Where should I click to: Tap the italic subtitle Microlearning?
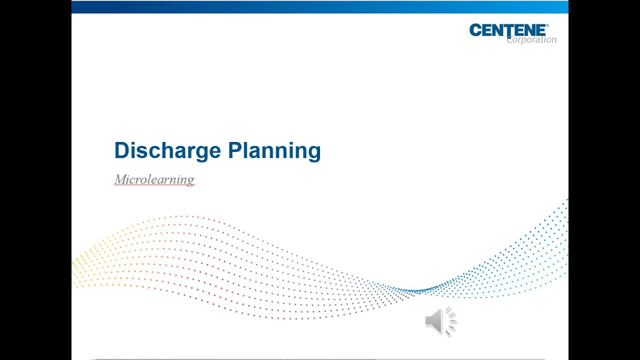pyautogui.click(x=154, y=179)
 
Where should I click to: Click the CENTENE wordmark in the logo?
pyautogui.click(x=507, y=30)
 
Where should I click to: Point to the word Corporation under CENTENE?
pyautogui.click(x=531, y=40)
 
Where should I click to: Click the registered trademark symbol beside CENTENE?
pyautogui.click(x=547, y=25)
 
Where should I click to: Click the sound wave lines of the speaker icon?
pyautogui.click(x=451, y=320)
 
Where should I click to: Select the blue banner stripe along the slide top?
pyautogui.click(x=320, y=6)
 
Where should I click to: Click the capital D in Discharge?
pyautogui.click(x=122, y=150)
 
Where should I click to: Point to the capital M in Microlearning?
pyautogui.click(x=120, y=179)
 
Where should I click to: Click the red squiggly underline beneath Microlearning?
pyautogui.click(x=154, y=185)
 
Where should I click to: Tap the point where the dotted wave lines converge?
pyautogui.click(x=418, y=290)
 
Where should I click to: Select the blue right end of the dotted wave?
pyautogui.click(x=560, y=235)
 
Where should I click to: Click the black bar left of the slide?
pyautogui.click(x=35, y=180)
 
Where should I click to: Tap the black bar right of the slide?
pyautogui.click(x=604, y=180)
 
